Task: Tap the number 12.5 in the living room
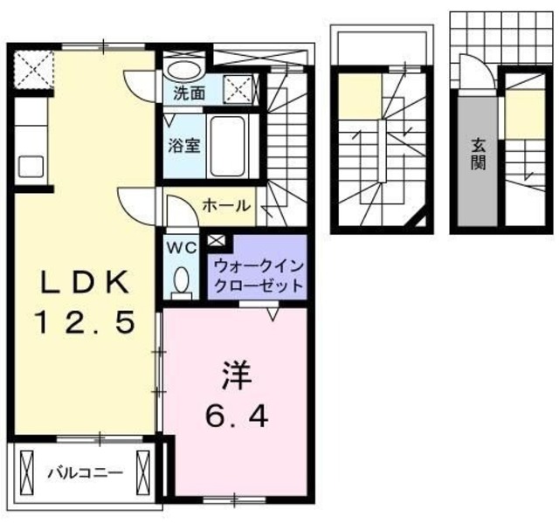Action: [x=86, y=324]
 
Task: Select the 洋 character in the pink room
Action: [x=235, y=376]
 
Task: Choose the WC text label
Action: [x=183, y=247]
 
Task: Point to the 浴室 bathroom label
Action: [x=185, y=145]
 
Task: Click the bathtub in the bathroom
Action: [x=231, y=144]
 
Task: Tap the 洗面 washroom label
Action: [x=188, y=91]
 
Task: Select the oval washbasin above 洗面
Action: [x=184, y=70]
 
